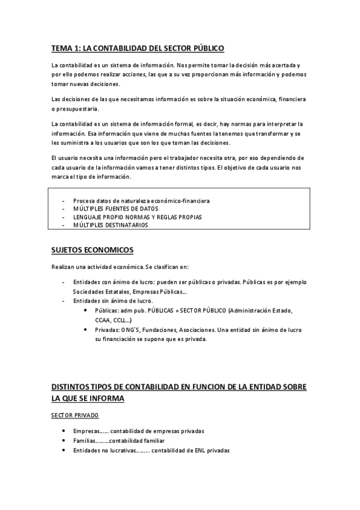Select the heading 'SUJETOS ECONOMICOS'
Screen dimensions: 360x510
[x=93, y=250]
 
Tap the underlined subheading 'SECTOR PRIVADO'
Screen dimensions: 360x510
[x=75, y=416]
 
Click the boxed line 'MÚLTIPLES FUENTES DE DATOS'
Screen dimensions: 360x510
[x=115, y=209]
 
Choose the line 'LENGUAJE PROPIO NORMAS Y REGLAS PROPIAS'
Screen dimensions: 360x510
[x=137, y=217]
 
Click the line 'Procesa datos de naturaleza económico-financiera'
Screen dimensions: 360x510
[x=141, y=200]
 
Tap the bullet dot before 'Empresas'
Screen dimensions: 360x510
[x=64, y=431]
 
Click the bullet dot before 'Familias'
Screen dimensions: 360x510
[x=64, y=441]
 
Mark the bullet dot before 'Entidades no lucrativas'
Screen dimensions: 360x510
[x=64, y=450]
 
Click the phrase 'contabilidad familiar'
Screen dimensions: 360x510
[x=137, y=441]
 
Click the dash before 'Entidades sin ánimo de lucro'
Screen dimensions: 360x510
[x=64, y=301]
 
